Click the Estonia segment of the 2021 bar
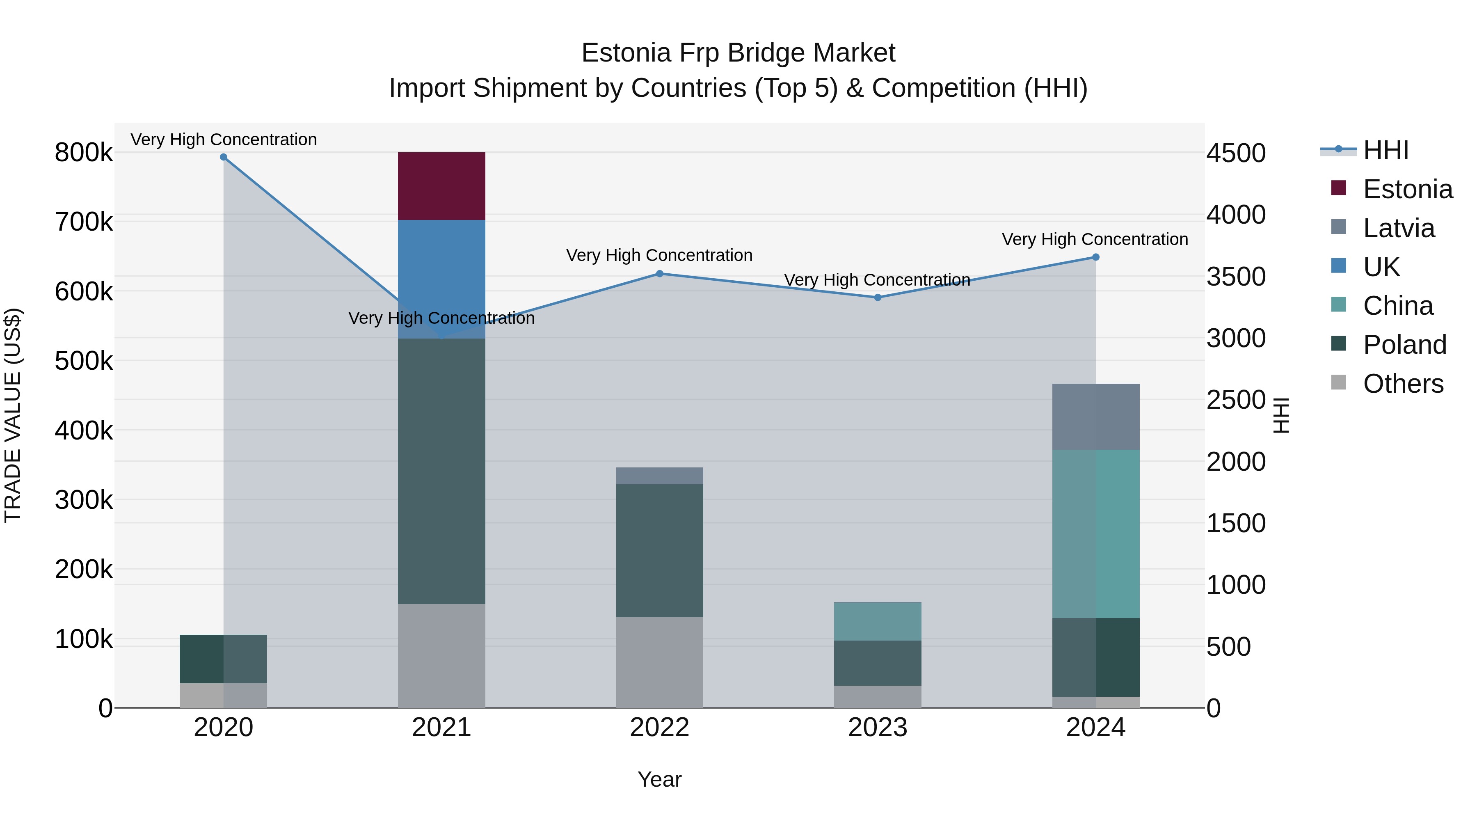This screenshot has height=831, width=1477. coord(441,186)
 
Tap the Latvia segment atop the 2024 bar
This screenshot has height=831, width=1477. coord(1096,417)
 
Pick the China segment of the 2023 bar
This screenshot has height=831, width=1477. coord(877,621)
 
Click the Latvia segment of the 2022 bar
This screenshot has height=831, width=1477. coord(659,476)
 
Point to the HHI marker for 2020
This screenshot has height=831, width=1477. coord(224,157)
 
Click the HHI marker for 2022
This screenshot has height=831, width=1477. coord(659,274)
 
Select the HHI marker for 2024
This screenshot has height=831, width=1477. coord(1096,257)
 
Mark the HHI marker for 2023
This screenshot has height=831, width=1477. coord(877,297)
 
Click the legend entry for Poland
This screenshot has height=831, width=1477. coord(1404,345)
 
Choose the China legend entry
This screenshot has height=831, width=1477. coord(1397,306)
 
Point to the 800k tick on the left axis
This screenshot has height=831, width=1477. coord(84,153)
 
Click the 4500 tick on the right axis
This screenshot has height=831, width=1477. coord(1236,153)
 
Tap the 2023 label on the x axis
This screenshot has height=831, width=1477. coord(877,728)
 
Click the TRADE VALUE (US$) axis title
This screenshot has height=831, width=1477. coord(13,415)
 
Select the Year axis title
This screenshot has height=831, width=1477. coord(659,779)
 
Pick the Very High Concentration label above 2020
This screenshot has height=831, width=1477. coord(224,140)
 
